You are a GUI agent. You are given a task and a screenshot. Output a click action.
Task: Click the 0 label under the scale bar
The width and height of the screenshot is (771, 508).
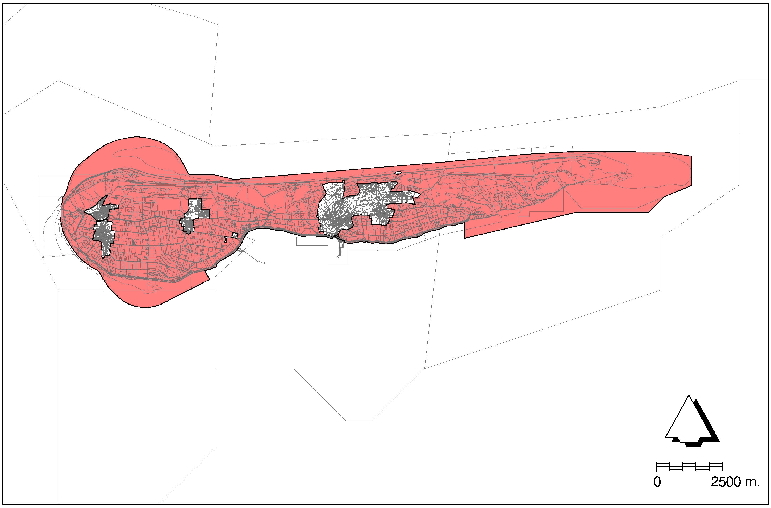pos(657,492)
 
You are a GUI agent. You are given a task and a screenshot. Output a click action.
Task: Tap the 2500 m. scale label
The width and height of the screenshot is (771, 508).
pos(735,492)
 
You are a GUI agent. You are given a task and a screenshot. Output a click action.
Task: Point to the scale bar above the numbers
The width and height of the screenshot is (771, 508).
pos(689,476)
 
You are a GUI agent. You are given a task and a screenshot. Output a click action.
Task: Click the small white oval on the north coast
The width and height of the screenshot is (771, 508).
pos(398,173)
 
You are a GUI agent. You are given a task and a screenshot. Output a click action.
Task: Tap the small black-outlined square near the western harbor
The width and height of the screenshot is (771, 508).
pos(235,235)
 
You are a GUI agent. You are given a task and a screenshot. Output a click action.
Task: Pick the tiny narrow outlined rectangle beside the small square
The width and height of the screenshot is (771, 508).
pos(226,239)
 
